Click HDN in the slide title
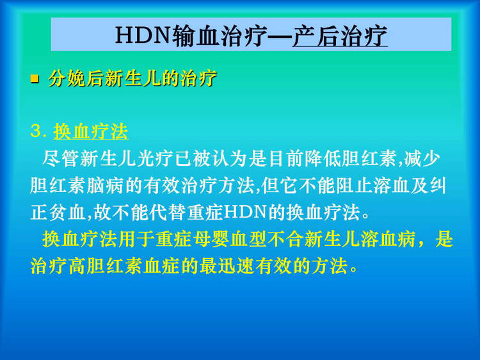pos(143,35)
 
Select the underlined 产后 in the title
pos(313,35)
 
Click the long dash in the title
pos(280,36)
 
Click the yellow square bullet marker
pos(35,79)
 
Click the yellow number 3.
pos(36,131)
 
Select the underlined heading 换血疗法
pos(91,132)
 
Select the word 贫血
pos(68,212)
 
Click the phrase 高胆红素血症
pos(124,266)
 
